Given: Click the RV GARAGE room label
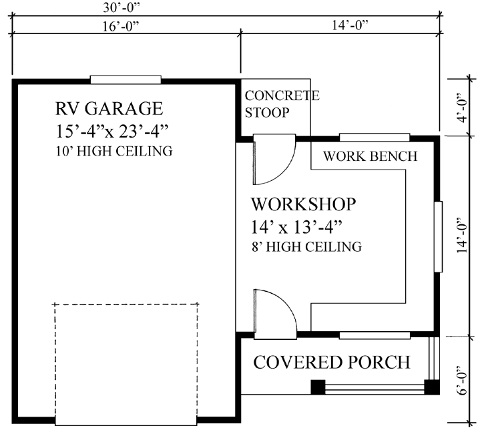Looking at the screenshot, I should coord(109,108).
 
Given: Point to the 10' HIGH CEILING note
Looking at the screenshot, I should coord(114,152).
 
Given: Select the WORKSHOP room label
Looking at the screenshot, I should coord(303,203).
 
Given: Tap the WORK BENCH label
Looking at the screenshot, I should coord(369,157).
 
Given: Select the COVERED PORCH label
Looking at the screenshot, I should coord(331,363).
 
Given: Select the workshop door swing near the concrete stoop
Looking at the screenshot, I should coord(272,160).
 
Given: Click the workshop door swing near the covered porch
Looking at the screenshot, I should coord(272,310).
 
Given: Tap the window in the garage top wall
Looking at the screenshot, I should coord(126,79).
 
